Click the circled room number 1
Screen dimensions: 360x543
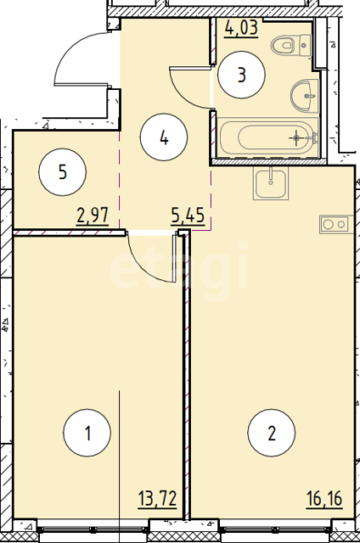tap(87, 433)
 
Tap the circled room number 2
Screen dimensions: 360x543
tap(272, 433)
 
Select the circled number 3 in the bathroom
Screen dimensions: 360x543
tap(242, 75)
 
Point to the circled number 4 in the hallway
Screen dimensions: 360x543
tap(164, 137)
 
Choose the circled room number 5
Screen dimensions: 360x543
tap(62, 171)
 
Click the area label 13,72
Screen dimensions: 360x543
tap(158, 499)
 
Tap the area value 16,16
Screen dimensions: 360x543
tap(324, 499)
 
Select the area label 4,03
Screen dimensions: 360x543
tap(241, 28)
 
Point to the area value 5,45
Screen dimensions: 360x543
tap(188, 216)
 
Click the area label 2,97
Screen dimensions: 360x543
tap(93, 216)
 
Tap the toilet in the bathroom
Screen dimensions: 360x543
tap(291, 45)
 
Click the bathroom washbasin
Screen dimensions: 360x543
tap(305, 96)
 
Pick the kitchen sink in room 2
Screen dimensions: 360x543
tap(271, 183)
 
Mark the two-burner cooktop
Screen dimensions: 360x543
tap(336, 224)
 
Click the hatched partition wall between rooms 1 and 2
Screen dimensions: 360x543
tap(187, 376)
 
